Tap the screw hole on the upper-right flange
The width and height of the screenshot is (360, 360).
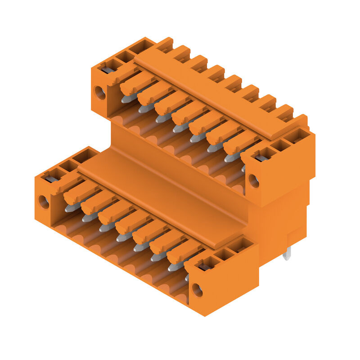coord(254,180)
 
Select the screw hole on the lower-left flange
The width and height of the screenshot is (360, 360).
coord(44,202)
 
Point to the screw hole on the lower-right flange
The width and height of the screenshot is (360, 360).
coord(197,289)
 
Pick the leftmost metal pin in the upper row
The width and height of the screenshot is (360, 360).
coord(127,98)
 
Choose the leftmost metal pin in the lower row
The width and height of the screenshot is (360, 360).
coord(71,207)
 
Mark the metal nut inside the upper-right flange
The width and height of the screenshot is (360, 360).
coord(261,158)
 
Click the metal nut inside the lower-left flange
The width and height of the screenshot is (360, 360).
coord(51,179)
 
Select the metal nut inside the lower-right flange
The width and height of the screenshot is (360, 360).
coord(205,267)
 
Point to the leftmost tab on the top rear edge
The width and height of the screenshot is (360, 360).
coord(165,44)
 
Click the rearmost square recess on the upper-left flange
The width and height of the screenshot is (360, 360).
coord(142,46)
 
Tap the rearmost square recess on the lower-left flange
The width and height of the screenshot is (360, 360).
coord(85,155)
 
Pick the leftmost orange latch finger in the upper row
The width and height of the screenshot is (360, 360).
coord(137,83)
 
